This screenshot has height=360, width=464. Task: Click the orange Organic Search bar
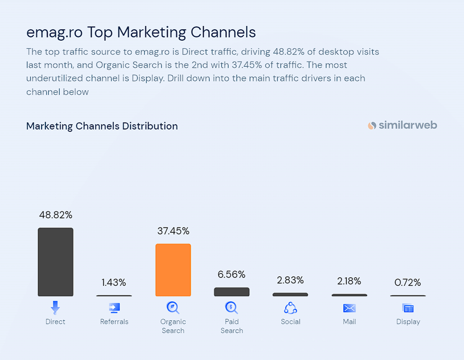point(173,270)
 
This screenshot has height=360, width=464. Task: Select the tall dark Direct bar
point(55,262)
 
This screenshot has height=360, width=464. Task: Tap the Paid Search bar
point(232,292)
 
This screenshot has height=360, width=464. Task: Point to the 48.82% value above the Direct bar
point(55,215)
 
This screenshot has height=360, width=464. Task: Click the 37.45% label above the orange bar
point(173,231)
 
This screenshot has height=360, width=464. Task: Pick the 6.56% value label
point(232,274)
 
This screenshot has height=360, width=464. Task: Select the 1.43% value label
point(114,282)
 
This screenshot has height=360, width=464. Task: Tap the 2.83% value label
point(290,280)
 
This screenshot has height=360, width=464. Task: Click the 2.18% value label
point(349,281)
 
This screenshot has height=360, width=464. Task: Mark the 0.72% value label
point(408,282)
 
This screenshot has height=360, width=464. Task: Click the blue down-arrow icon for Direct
point(55,308)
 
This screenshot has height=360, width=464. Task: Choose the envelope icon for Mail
point(349,308)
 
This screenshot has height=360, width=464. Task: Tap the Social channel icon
point(290,308)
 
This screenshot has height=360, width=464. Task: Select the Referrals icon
point(114,308)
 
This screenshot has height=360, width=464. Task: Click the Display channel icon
point(408,308)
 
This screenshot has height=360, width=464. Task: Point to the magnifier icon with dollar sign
point(232,308)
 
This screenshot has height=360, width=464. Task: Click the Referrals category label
point(114,322)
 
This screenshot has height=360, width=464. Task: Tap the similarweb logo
point(402,125)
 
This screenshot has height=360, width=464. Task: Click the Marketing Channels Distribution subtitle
point(102,126)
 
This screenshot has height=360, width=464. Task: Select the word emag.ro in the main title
point(54,32)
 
